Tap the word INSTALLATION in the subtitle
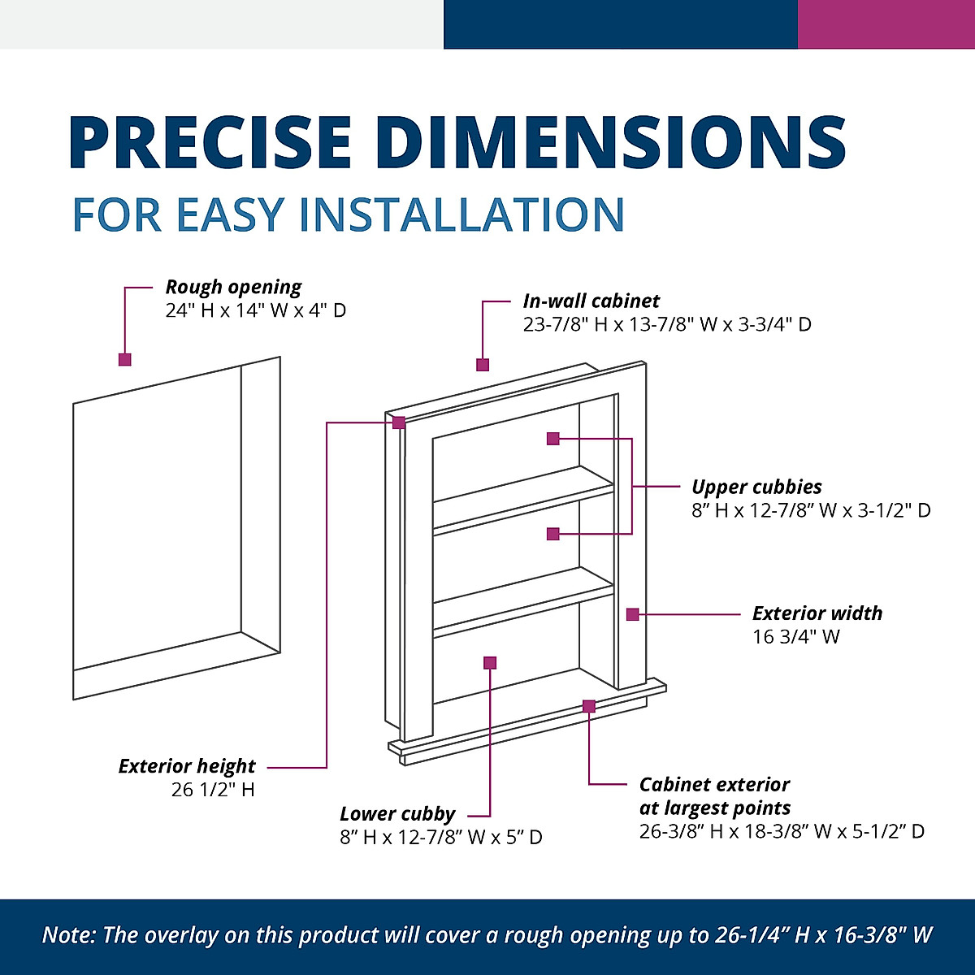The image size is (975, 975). click(x=462, y=215)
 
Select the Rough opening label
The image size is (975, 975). click(x=233, y=287)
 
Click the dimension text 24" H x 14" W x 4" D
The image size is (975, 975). click(x=256, y=310)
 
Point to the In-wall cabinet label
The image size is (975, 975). click(x=591, y=301)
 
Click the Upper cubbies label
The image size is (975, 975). click(x=756, y=487)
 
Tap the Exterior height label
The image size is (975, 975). click(x=187, y=766)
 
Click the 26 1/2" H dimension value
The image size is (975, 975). click(x=213, y=790)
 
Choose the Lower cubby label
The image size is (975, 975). click(x=397, y=813)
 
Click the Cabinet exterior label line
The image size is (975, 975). click(x=714, y=785)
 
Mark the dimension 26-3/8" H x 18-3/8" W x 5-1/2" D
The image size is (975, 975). click(x=782, y=831)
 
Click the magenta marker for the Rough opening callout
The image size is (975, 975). click(x=124, y=359)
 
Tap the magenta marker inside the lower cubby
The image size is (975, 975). click(x=489, y=663)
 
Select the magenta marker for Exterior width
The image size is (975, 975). click(x=632, y=614)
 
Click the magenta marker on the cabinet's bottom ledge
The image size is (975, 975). click(x=588, y=707)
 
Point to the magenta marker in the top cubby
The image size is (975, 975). click(x=553, y=439)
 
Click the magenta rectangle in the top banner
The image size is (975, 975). click(x=886, y=24)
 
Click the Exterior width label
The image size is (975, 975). click(x=817, y=613)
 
